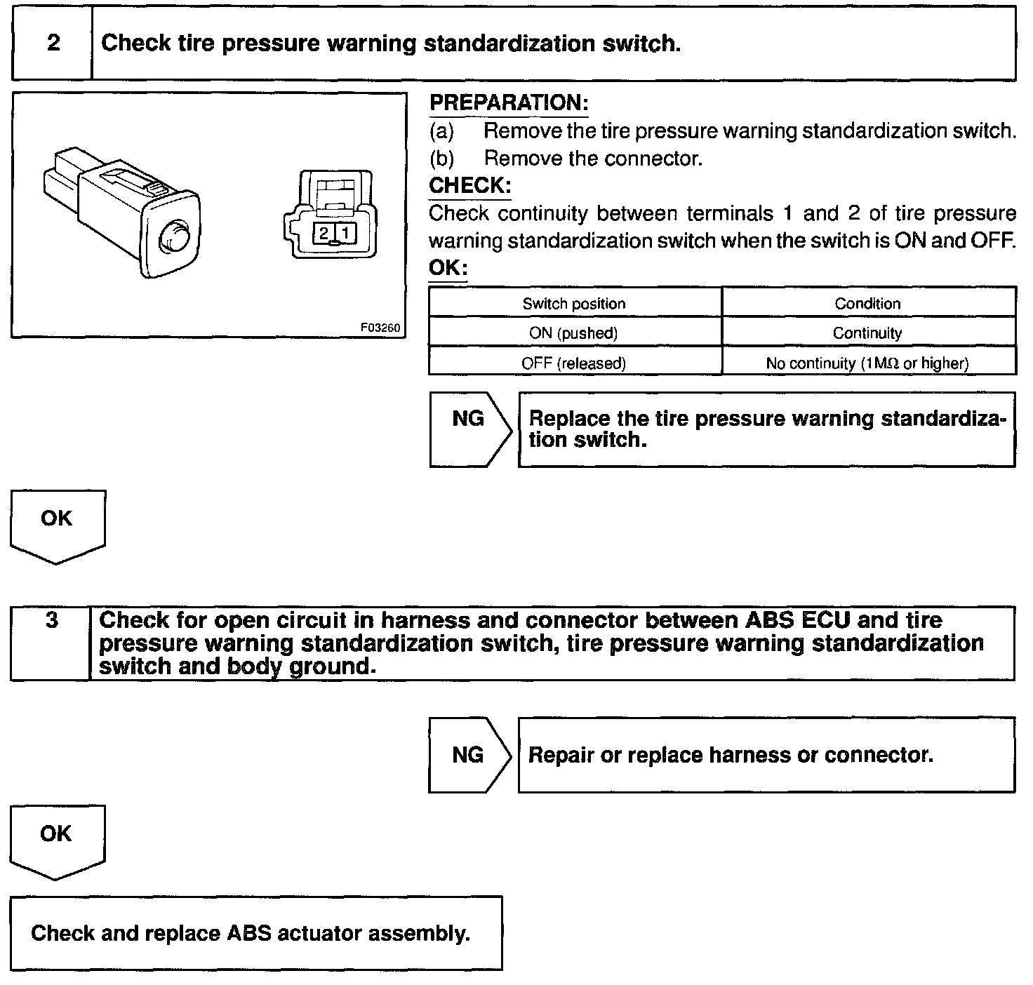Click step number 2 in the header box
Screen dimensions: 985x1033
tap(53, 43)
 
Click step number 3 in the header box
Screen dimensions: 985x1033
tap(52, 621)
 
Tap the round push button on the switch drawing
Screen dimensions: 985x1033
tap(173, 237)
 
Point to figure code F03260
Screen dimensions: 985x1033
tap(380, 328)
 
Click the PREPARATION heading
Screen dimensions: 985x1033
tap(509, 103)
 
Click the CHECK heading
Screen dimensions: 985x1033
tap(469, 186)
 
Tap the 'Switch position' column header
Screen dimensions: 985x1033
tap(574, 304)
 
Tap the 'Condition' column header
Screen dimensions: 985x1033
tap(868, 304)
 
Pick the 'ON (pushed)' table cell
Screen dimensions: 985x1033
tap(574, 333)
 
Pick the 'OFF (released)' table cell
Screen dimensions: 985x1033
tap(574, 363)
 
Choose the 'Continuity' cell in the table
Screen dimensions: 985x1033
tap(868, 333)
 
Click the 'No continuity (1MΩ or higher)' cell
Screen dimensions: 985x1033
tap(868, 363)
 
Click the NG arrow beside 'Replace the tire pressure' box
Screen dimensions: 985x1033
tap(469, 429)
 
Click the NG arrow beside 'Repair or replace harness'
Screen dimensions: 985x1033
tap(469, 755)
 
